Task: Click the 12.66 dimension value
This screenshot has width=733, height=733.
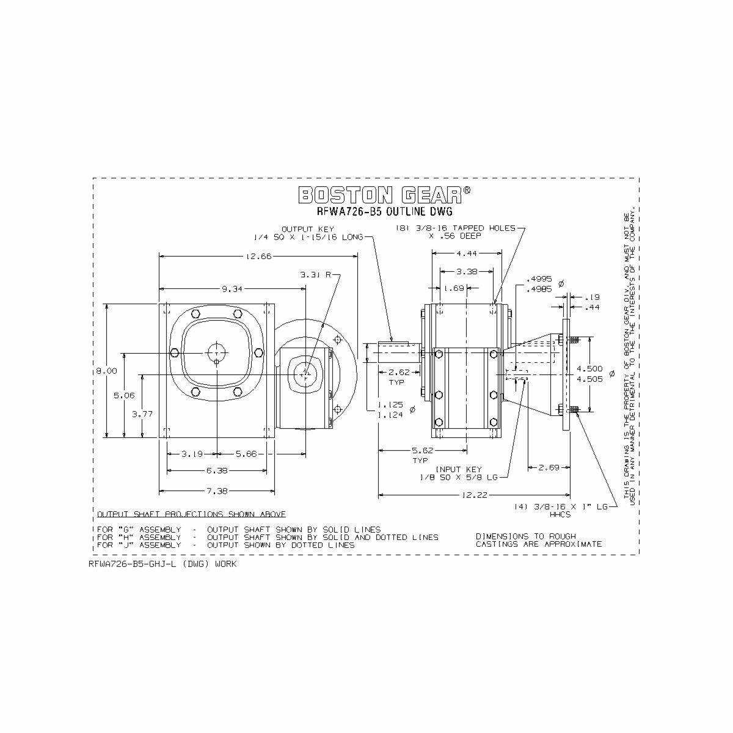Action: [258, 257]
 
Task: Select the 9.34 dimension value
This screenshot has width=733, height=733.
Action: [232, 288]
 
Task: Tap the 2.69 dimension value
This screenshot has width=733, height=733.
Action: [549, 468]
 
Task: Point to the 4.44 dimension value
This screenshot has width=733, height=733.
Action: [466, 253]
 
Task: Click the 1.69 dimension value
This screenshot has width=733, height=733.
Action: [454, 288]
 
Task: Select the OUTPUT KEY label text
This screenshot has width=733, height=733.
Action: [308, 229]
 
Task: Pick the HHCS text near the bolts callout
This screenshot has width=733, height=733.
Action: [560, 514]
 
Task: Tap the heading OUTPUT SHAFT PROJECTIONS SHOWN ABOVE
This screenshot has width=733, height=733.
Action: [191, 514]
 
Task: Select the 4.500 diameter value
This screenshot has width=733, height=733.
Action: [589, 369]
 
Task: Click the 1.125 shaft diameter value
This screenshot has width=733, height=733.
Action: [390, 404]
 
